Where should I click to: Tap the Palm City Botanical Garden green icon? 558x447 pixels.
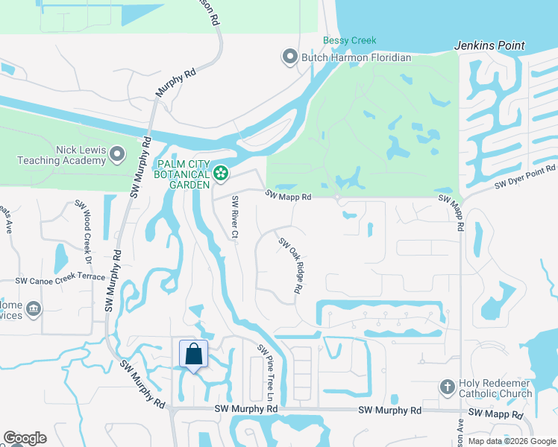click(221, 174)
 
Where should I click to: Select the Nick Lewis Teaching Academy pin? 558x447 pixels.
click(116, 154)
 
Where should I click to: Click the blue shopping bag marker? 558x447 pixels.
click(193, 355)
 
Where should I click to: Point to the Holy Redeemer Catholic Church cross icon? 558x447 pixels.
click(447, 387)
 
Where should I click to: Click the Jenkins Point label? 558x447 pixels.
click(489, 45)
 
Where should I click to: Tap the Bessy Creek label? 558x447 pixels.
click(349, 40)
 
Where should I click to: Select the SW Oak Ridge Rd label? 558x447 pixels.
click(289, 264)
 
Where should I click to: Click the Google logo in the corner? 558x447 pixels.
click(25, 438)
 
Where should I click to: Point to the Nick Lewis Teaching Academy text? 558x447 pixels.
click(61, 154)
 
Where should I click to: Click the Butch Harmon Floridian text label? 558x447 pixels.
click(356, 57)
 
